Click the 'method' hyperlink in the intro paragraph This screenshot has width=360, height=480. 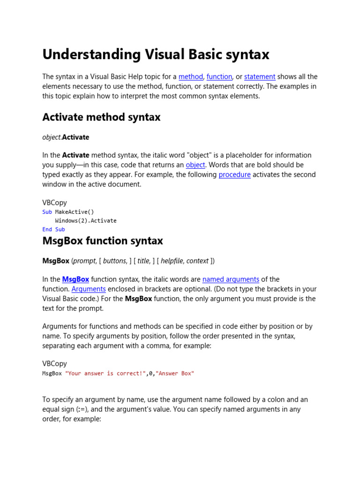tap(191, 76)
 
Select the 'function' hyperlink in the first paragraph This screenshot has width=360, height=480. tap(219, 76)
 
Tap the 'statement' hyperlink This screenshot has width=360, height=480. tap(260, 76)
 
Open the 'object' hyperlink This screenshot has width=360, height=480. tap(195, 165)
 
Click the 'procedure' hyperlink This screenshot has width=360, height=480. tap(235, 174)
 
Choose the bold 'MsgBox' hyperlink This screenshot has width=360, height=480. tap(75, 279)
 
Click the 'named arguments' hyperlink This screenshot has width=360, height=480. tap(231, 279)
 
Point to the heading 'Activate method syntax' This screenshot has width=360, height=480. tap(101, 117)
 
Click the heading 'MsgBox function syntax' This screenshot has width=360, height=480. tap(103, 241)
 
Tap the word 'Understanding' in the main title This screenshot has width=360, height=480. tap(88, 55)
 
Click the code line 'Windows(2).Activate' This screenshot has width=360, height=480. tap(86, 221)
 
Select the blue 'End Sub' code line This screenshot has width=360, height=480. tap(53, 229)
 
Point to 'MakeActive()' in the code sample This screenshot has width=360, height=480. tap(75, 212)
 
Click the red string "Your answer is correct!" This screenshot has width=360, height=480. tap(105, 374)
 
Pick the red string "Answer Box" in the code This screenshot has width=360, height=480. tap(175, 374)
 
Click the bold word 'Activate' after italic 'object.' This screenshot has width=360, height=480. tap(75, 137)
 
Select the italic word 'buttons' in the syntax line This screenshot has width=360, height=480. tap(114, 261)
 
